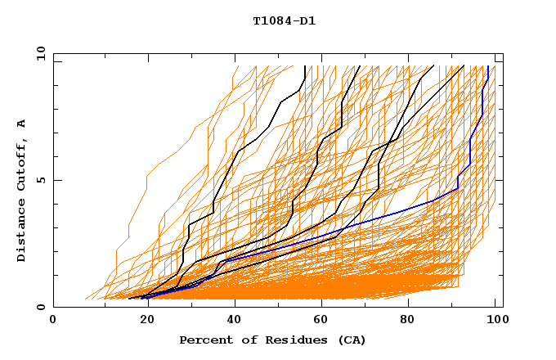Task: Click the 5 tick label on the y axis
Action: [x=40, y=180]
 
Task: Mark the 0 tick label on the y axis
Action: [x=40, y=307]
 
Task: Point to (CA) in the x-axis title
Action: [x=350, y=340]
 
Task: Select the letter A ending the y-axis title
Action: [x=21, y=123]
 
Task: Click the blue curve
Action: [x=392, y=212]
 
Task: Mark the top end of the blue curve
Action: [x=488, y=67]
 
